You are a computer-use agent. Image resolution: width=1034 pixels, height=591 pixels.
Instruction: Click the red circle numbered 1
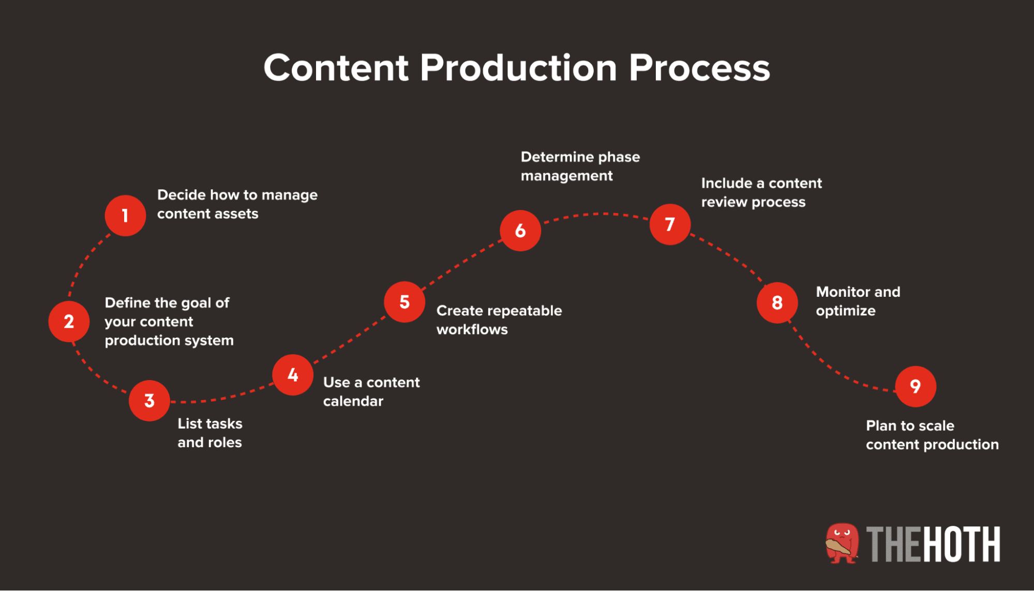click(x=125, y=216)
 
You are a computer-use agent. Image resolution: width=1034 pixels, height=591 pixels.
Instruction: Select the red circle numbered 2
click(x=69, y=322)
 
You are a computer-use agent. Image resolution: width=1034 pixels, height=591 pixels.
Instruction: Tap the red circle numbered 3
click(x=149, y=401)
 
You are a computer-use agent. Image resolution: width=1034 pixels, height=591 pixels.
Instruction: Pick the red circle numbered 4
click(x=293, y=375)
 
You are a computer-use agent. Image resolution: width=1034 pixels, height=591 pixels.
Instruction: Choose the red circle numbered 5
click(x=404, y=302)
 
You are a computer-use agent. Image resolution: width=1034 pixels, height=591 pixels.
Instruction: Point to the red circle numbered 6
click(x=520, y=231)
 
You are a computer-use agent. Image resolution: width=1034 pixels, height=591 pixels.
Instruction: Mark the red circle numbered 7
click(x=670, y=224)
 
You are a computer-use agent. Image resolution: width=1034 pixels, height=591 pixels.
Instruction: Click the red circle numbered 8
click(x=777, y=303)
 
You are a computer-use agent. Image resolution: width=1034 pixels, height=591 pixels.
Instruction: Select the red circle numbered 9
click(x=916, y=386)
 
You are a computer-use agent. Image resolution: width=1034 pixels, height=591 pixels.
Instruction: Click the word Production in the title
click(x=518, y=68)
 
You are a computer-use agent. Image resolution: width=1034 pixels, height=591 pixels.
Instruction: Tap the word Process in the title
click(x=699, y=68)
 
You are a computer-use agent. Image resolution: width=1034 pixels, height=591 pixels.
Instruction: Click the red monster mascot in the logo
click(x=842, y=543)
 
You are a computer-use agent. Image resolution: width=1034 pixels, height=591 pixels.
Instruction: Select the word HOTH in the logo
click(x=962, y=544)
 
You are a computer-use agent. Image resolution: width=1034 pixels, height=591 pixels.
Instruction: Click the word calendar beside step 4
click(x=353, y=401)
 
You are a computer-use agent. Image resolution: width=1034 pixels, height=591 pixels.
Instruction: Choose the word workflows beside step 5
click(x=472, y=329)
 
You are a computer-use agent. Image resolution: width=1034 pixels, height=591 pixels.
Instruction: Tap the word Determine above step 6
click(x=558, y=157)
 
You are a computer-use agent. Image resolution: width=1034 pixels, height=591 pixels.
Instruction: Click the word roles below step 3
click(x=225, y=443)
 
